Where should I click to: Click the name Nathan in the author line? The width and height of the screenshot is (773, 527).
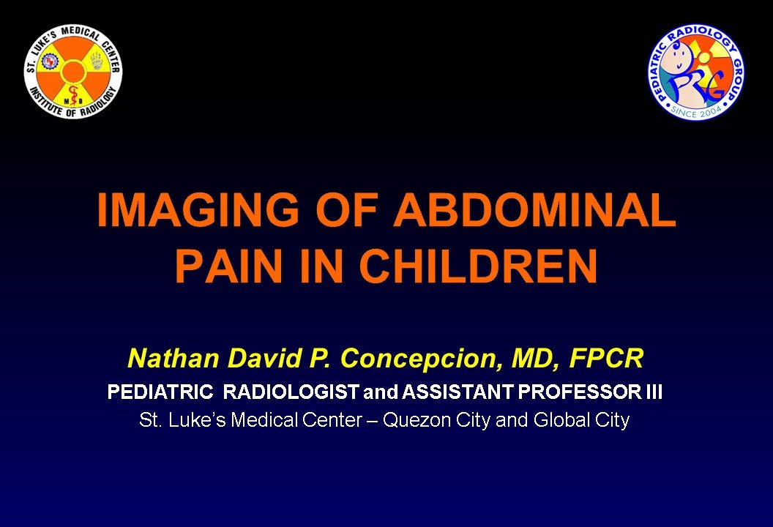[x=173, y=358]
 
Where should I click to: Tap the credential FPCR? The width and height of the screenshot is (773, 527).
[x=606, y=358]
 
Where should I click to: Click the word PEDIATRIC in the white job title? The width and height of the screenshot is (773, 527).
[x=160, y=392]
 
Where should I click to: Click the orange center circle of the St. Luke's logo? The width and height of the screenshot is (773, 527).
[x=73, y=72]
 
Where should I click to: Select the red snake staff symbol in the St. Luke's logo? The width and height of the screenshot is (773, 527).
[x=73, y=96]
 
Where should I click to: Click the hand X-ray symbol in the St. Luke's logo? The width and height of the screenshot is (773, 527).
[x=96, y=61]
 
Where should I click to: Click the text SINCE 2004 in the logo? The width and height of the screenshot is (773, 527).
[x=695, y=113]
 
